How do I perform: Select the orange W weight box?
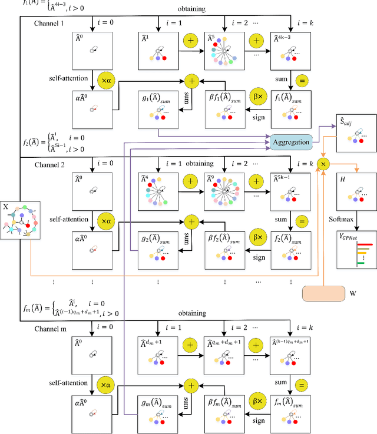click(322, 293)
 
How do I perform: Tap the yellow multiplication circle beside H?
click(323, 163)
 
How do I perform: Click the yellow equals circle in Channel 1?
click(302, 79)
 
